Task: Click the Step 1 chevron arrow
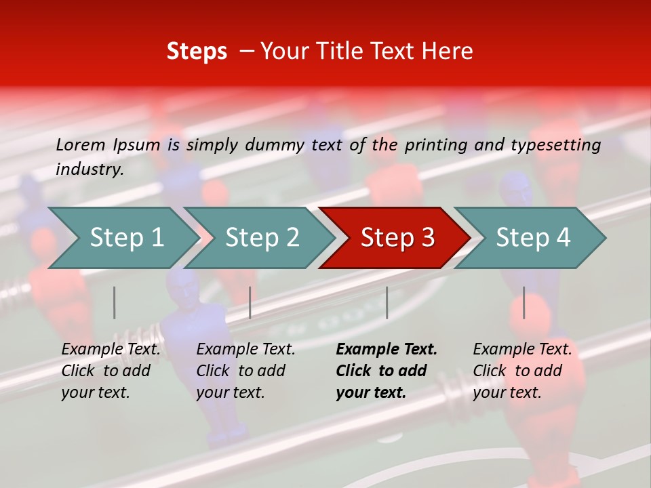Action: click(x=122, y=238)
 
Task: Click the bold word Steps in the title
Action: click(x=197, y=52)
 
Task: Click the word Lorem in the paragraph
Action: click(x=81, y=145)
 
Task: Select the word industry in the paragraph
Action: click(x=90, y=169)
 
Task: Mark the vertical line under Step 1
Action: click(x=115, y=302)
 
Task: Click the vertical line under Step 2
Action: click(x=250, y=302)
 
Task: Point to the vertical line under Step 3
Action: click(x=387, y=302)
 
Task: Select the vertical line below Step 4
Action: click(x=524, y=302)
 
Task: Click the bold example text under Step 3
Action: click(x=387, y=371)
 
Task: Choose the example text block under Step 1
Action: click(x=111, y=371)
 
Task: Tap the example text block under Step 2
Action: click(x=245, y=371)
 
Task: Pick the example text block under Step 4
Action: click(x=522, y=371)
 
